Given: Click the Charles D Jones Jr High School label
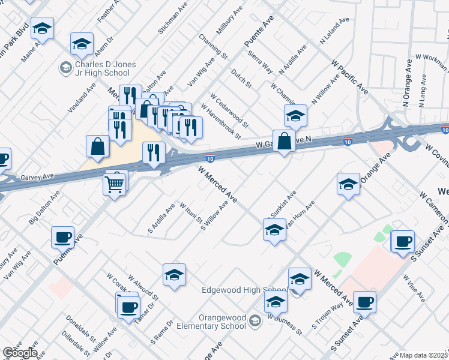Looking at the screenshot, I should [106, 68].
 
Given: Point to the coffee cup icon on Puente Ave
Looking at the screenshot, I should [63, 238].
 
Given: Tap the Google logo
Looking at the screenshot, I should [19, 352].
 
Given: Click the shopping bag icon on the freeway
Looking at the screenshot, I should [285, 142].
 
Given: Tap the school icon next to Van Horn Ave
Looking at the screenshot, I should [274, 230].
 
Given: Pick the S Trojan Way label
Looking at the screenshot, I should [327, 316].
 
